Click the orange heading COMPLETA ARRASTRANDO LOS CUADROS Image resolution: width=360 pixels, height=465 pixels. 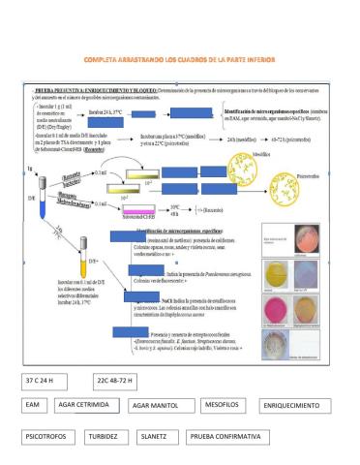179,60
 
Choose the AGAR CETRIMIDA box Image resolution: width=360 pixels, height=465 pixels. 87,405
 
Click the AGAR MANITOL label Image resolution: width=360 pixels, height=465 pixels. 159,406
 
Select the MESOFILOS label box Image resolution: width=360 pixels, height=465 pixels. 225,404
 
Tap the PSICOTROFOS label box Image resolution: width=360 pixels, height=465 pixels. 52,437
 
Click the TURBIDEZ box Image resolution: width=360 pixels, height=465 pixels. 121,437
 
